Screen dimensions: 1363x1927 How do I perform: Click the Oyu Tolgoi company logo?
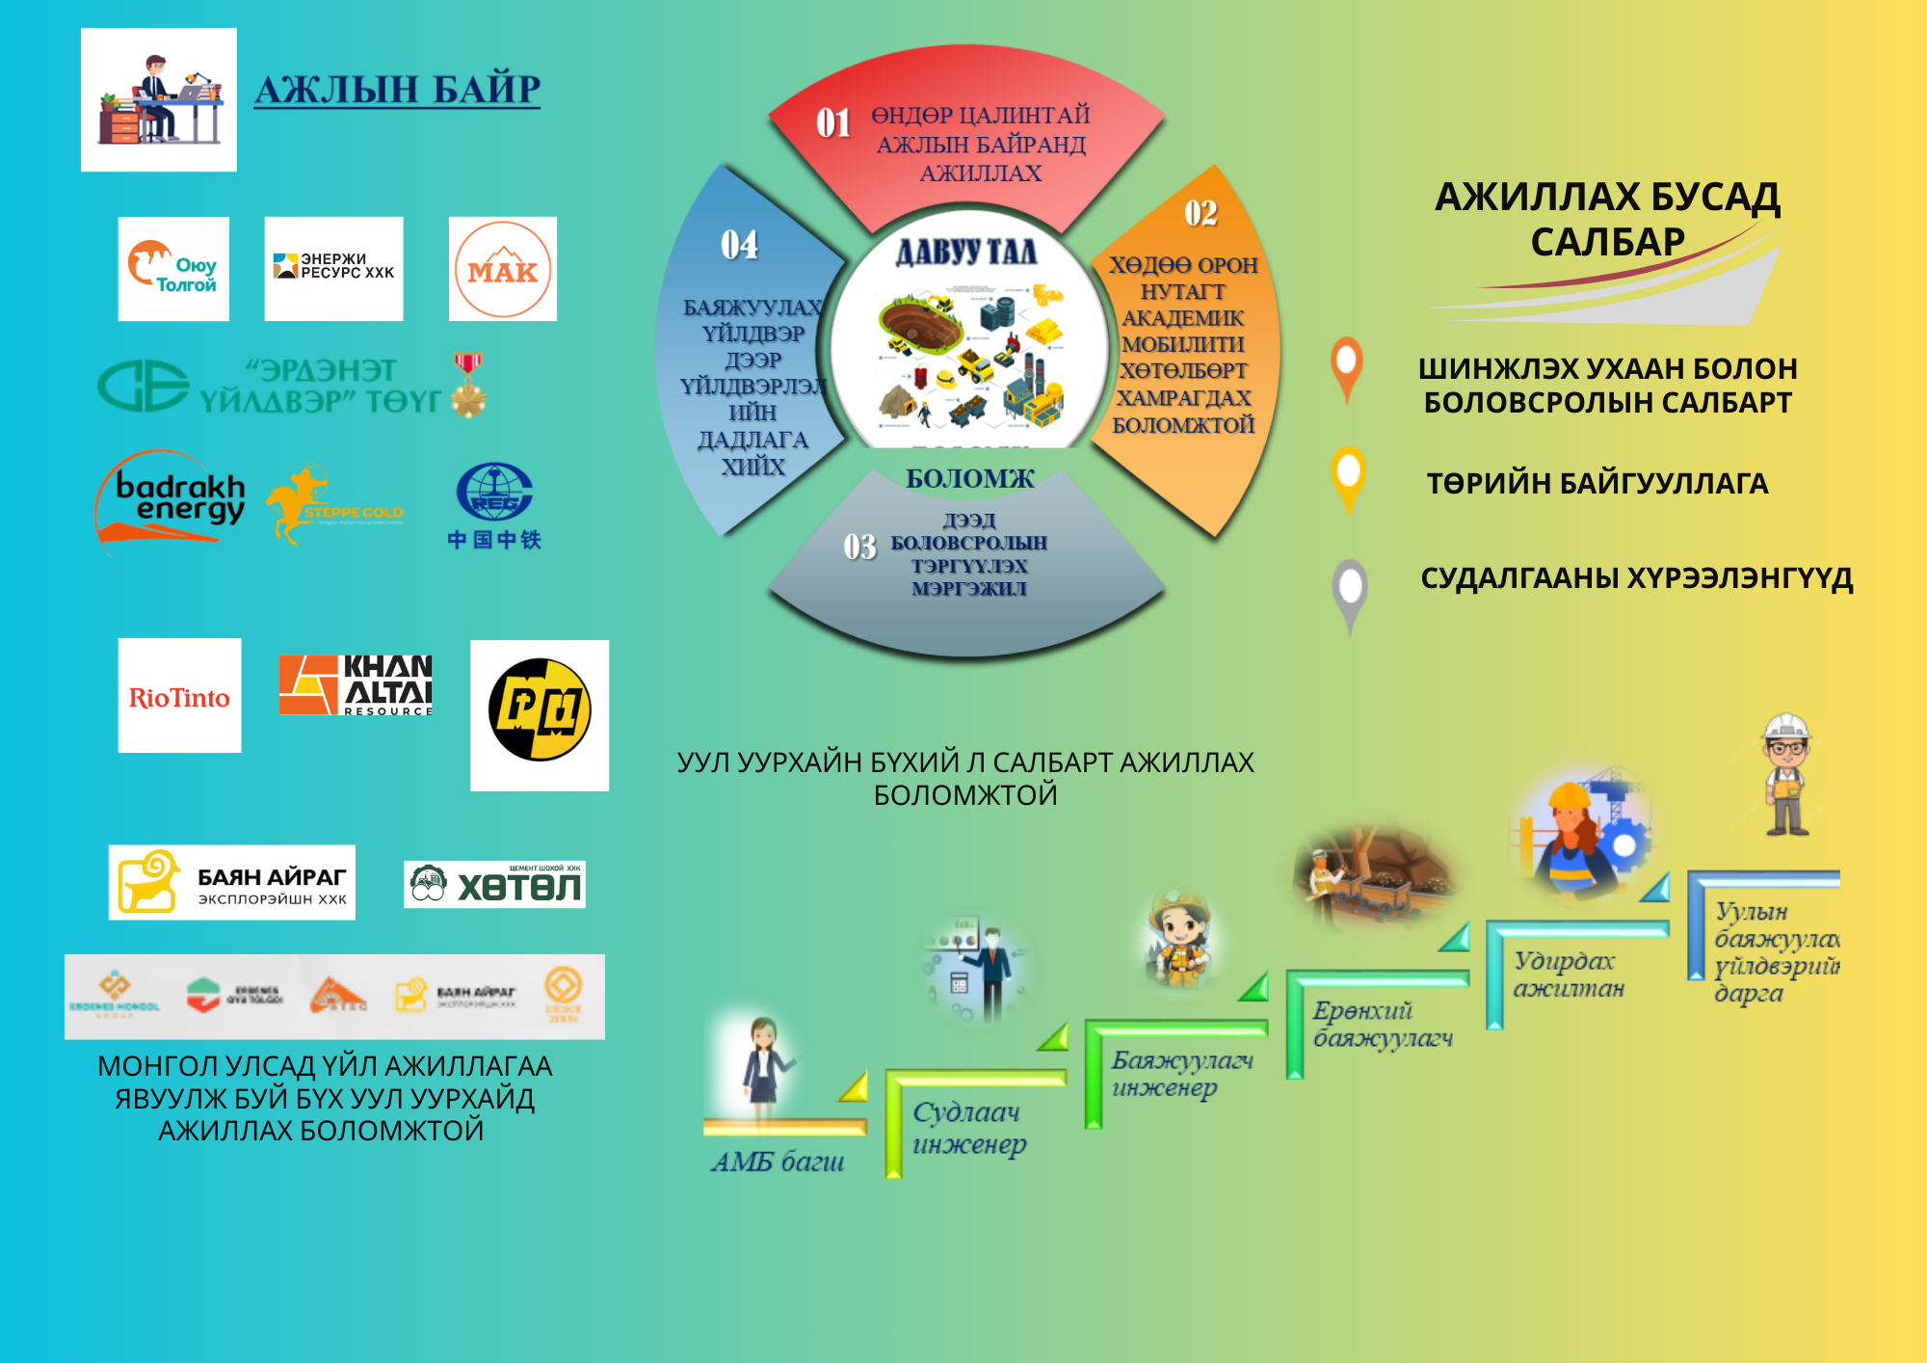pos(173,269)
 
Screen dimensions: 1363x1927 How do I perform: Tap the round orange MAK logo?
pos(502,269)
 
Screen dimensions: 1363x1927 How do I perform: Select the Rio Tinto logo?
pos(179,696)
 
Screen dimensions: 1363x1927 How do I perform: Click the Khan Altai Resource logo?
pos(356,685)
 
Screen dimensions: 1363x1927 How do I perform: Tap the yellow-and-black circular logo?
pos(540,710)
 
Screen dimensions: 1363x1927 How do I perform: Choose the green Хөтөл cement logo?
pos(494,884)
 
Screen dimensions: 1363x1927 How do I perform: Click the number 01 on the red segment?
pos(833,123)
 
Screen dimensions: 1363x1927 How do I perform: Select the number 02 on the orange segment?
pos(1201,213)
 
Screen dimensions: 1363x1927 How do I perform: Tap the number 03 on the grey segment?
pos(859,548)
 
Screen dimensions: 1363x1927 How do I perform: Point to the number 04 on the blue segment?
pos(739,245)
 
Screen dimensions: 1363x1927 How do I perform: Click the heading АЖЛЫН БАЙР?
pos(397,90)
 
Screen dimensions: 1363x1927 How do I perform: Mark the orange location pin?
pos(1347,367)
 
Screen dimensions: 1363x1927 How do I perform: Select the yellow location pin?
pos(1348,478)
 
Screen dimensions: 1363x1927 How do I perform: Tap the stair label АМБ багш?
pos(778,1162)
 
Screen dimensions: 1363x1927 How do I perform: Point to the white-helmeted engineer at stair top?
pos(1786,773)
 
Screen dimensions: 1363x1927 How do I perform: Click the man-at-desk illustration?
pos(159,99)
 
